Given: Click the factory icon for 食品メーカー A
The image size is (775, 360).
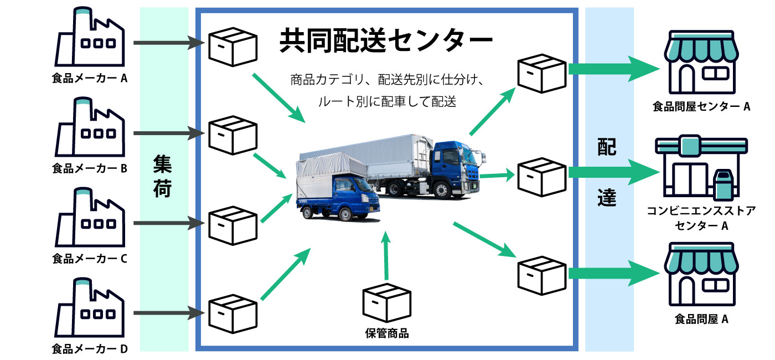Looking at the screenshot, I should coord(90,39).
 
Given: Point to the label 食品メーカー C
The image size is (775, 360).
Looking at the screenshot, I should coord(90,258).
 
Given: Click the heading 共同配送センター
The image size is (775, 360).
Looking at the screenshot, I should coord(386,40).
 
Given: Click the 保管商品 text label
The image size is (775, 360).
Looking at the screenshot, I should coord(387,333).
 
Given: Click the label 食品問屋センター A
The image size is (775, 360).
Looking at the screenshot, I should coord(701,107).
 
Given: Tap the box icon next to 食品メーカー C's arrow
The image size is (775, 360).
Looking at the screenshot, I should coord(233,225).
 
